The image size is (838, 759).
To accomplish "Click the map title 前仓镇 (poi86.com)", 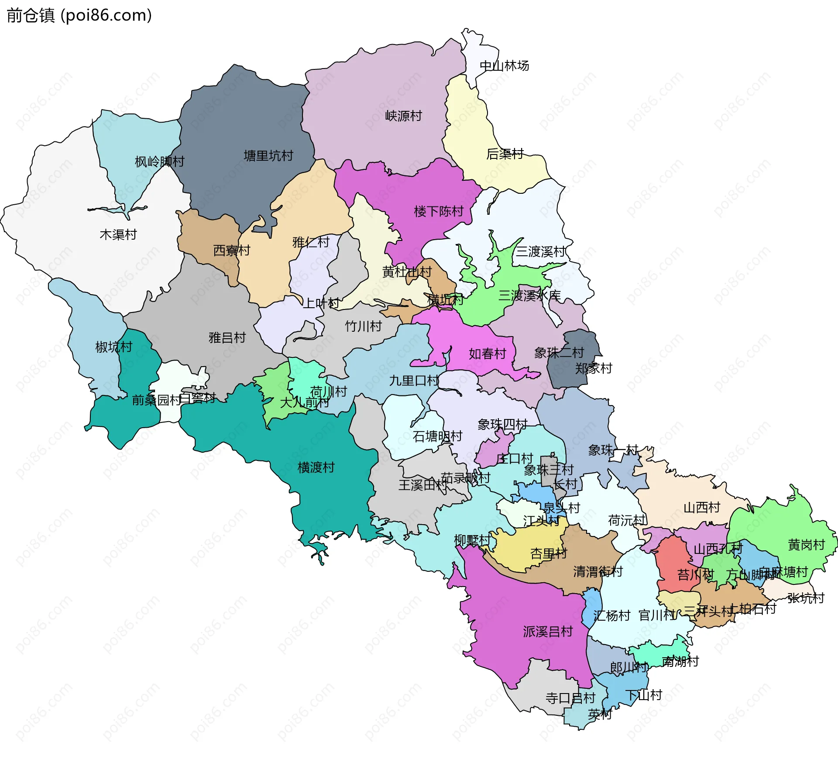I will pyautogui.click(x=79, y=15).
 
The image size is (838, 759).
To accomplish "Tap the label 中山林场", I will pyautogui.click(x=504, y=66).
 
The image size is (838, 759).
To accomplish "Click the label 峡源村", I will pyautogui.click(x=403, y=116).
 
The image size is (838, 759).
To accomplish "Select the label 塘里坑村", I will pyautogui.click(x=268, y=156).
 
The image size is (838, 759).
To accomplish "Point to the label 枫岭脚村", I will pyautogui.click(x=159, y=162).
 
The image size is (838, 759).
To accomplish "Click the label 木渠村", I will pyautogui.click(x=118, y=235).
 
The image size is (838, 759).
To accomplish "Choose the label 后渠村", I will pyautogui.click(x=505, y=154).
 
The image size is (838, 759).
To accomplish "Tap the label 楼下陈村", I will pyautogui.click(x=438, y=212).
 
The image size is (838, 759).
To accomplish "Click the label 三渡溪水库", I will pyautogui.click(x=529, y=296).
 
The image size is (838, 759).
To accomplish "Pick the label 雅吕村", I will pyautogui.click(x=227, y=338).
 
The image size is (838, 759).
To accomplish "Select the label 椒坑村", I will pyautogui.click(x=113, y=347).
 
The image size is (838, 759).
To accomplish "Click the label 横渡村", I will pyautogui.click(x=316, y=468).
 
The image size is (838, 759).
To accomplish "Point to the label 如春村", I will pyautogui.click(x=487, y=354).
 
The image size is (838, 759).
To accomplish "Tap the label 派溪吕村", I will pyautogui.click(x=547, y=632).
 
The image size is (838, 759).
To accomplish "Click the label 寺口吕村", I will pyautogui.click(x=570, y=698).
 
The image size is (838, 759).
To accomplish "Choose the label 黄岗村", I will pyautogui.click(x=806, y=545).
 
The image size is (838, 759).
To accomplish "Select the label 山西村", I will pyautogui.click(x=701, y=508).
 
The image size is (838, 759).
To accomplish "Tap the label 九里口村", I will pyautogui.click(x=414, y=381).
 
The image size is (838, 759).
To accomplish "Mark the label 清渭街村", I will pyautogui.click(x=598, y=572).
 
